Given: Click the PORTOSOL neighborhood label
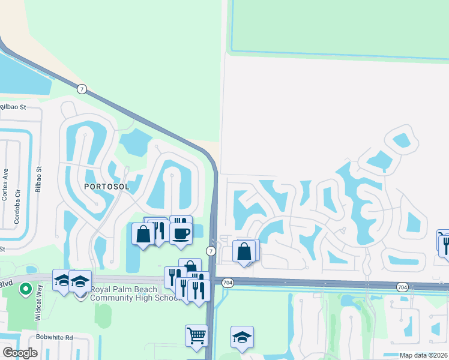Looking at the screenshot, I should [107, 187].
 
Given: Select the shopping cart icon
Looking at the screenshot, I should [196, 336].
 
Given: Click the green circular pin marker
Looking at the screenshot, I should [25, 289].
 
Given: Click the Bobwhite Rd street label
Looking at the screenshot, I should [53, 338].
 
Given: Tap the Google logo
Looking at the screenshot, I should [20, 353].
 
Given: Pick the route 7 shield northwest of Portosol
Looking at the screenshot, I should [82, 89].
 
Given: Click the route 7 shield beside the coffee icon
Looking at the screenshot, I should [211, 250].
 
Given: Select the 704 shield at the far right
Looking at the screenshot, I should [402, 288].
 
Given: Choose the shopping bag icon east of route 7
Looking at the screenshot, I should [244, 252].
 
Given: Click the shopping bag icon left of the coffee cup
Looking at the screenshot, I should [143, 234].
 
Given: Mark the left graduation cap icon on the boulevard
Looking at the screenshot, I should [62, 280].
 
